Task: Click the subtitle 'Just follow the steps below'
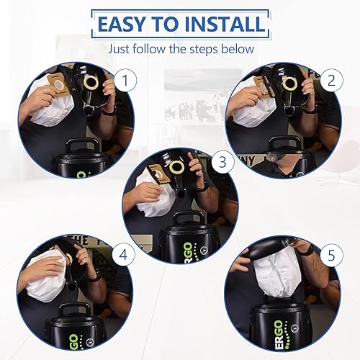180,50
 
